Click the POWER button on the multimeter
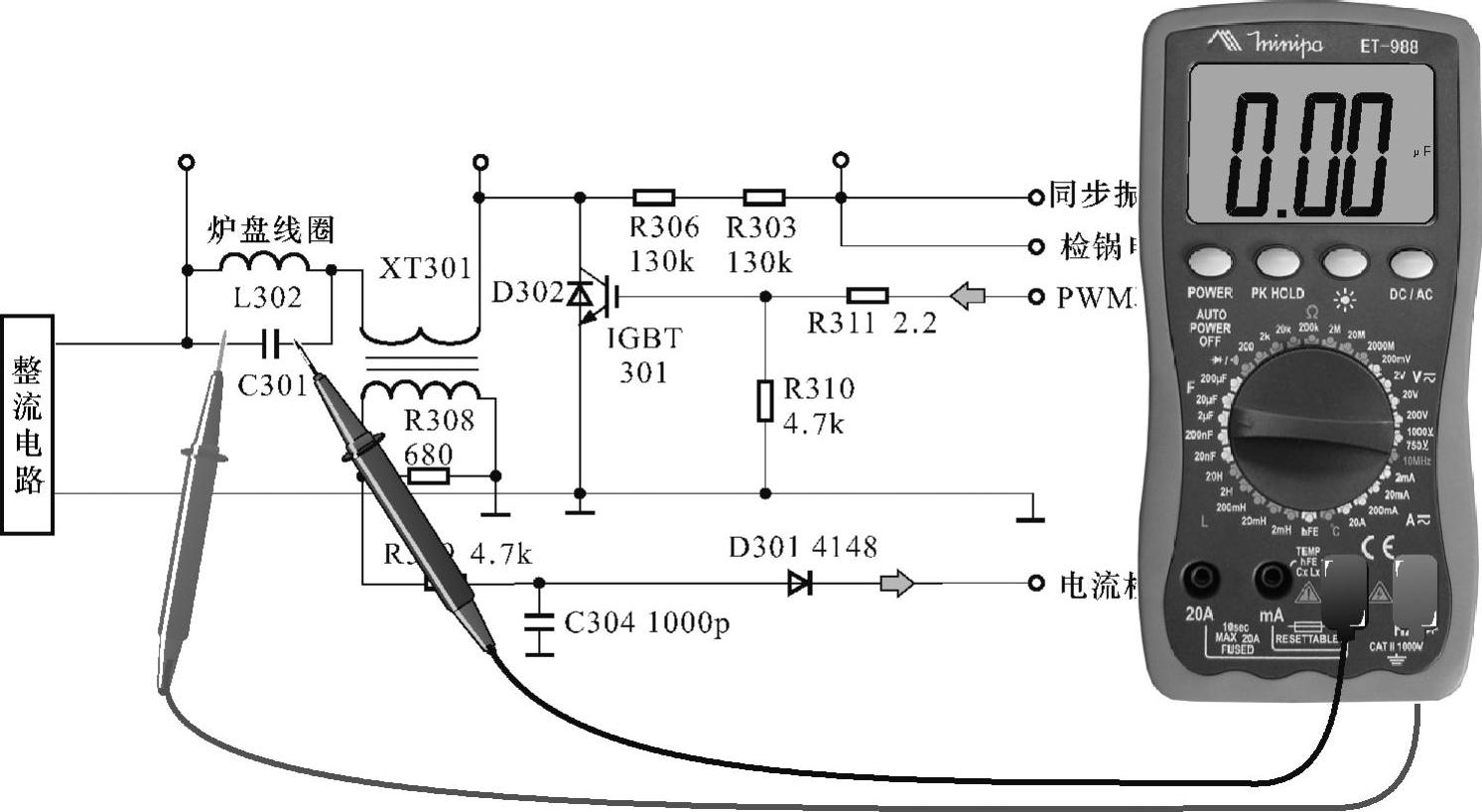[1210, 263]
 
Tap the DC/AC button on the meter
[1412, 263]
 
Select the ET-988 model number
[1388, 46]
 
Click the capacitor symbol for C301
[271, 343]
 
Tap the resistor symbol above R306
[653, 198]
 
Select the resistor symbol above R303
[763, 198]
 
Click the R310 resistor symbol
[764, 400]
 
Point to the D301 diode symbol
[799, 583]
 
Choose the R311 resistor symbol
[867, 296]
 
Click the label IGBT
[644, 339]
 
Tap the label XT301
[425, 269]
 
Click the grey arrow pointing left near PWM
[968, 296]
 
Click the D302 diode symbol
[580, 294]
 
